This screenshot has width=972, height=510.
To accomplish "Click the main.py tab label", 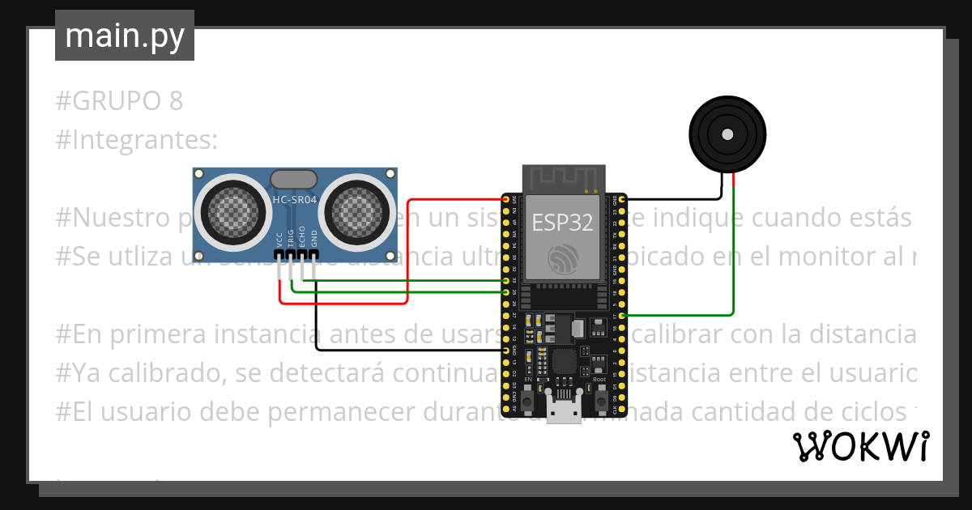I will pos(124,36).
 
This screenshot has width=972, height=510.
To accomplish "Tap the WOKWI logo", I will pos(860,446).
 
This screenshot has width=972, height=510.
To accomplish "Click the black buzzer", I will pos(727,134).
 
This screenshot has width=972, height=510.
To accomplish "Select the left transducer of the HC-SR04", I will pos(230,211).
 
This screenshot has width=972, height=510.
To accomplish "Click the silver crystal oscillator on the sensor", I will pos(294,178).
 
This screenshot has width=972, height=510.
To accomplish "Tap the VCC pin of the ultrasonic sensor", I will pos(279,254).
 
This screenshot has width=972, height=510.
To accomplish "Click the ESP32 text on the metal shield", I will pos(561,221).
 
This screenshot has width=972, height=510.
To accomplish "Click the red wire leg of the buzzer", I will pos(733,185).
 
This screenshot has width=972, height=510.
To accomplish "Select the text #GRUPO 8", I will pos(120,101).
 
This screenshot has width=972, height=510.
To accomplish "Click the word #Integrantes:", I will pos(137,140).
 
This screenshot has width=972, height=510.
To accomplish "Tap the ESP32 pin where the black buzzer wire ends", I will pos(621,199).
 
